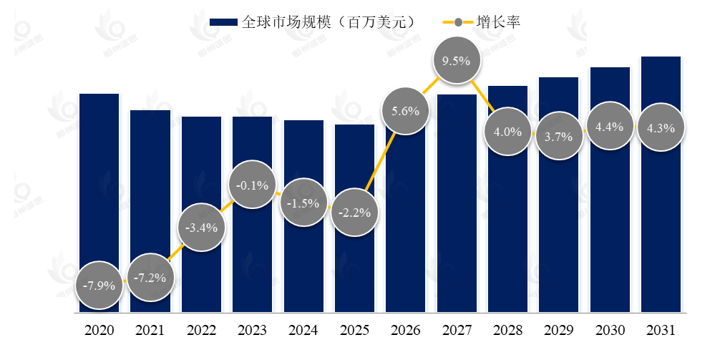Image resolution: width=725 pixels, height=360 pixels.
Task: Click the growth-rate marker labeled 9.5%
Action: (x=456, y=61)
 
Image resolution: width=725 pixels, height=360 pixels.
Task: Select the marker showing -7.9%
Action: (x=99, y=286)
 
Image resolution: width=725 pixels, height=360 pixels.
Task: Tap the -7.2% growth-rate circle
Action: (x=150, y=277)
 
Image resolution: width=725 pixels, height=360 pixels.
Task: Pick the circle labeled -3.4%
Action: (x=201, y=228)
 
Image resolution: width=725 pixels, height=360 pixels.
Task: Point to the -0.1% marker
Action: (x=252, y=185)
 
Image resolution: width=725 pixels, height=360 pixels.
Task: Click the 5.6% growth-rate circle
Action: (x=405, y=111)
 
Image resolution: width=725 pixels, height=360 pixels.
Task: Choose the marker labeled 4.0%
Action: (x=507, y=132)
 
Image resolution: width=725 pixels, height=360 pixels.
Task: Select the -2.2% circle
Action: (x=354, y=212)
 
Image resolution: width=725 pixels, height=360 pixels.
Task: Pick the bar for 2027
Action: (x=456, y=208)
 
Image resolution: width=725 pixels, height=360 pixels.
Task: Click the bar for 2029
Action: (x=558, y=215)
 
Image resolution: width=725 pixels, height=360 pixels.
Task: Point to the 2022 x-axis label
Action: (x=201, y=331)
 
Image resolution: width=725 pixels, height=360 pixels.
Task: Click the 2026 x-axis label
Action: (x=405, y=331)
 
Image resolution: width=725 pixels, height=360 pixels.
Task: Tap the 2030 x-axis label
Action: (x=609, y=331)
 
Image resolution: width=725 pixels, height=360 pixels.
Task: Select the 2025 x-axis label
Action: (x=354, y=331)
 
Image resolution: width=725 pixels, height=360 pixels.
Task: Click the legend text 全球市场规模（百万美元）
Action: (x=329, y=22)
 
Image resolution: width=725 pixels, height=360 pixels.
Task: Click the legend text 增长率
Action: (x=498, y=22)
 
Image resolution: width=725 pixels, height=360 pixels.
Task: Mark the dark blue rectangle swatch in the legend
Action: (x=223, y=23)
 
